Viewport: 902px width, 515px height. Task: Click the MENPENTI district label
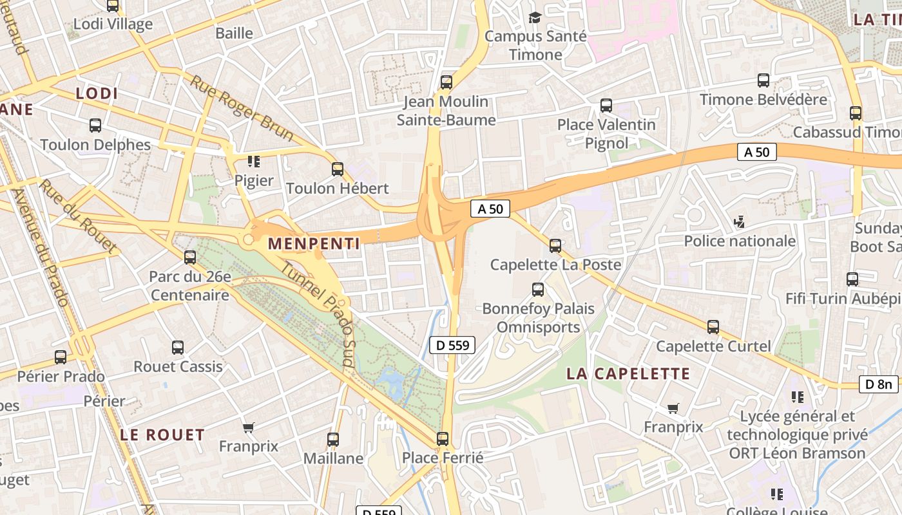click(313, 243)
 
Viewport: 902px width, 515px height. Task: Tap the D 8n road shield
click(878, 384)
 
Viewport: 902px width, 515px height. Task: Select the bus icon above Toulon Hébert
click(337, 169)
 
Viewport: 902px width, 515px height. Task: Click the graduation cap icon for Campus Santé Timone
click(535, 17)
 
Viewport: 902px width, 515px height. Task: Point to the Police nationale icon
click(740, 222)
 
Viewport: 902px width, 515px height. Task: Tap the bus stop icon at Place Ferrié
click(443, 439)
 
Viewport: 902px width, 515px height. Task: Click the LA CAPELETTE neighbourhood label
click(628, 373)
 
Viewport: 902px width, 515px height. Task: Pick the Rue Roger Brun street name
click(242, 108)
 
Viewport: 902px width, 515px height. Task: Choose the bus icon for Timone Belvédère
click(763, 80)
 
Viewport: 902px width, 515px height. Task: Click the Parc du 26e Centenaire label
click(190, 286)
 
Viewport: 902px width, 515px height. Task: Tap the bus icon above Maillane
click(332, 440)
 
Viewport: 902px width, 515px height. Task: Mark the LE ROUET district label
click(162, 435)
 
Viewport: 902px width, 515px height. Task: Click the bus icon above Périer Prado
click(61, 357)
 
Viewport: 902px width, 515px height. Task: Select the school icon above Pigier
click(253, 161)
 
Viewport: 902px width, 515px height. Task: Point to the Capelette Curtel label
click(713, 346)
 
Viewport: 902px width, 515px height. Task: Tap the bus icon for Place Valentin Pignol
click(606, 106)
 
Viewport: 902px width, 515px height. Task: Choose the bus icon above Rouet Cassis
click(178, 348)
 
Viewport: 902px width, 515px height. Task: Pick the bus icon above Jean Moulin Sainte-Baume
click(446, 82)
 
